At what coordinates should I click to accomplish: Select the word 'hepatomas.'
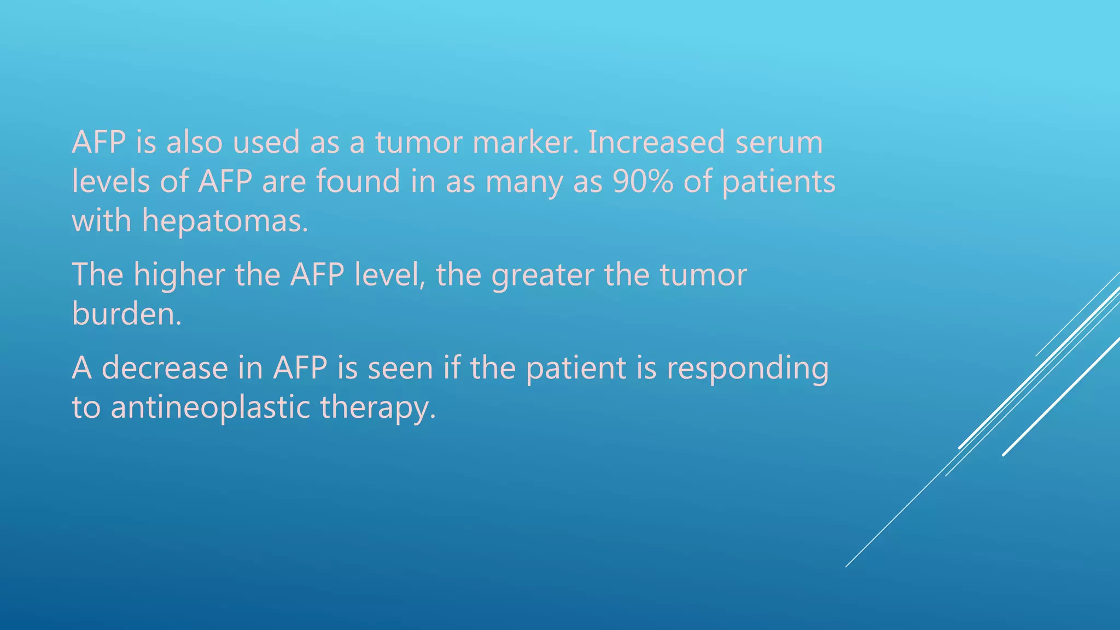(225, 221)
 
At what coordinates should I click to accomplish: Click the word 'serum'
(779, 142)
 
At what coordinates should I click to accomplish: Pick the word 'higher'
(179, 275)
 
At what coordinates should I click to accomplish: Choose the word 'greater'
(542, 276)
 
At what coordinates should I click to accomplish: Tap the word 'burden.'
(126, 314)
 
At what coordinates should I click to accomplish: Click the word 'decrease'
(165, 367)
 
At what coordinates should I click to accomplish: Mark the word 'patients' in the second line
(779, 182)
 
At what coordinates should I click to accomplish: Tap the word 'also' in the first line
(194, 142)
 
